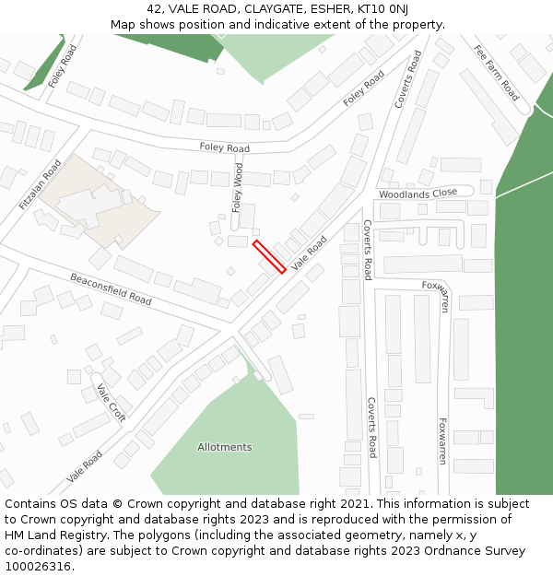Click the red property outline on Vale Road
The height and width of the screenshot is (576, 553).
tap(268, 257)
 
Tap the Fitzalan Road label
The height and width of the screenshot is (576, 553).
tap(40, 184)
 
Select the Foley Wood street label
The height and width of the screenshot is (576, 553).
tap(238, 187)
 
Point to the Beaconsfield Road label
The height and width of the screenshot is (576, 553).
tap(111, 288)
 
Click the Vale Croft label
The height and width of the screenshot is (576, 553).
tap(111, 404)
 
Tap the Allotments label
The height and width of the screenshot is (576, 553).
tap(224, 447)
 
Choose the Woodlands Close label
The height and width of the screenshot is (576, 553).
tap(418, 193)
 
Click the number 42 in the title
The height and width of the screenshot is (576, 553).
tap(154, 9)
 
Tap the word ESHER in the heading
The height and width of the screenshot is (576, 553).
tap(335, 9)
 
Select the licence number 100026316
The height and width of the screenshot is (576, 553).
tap(40, 567)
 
